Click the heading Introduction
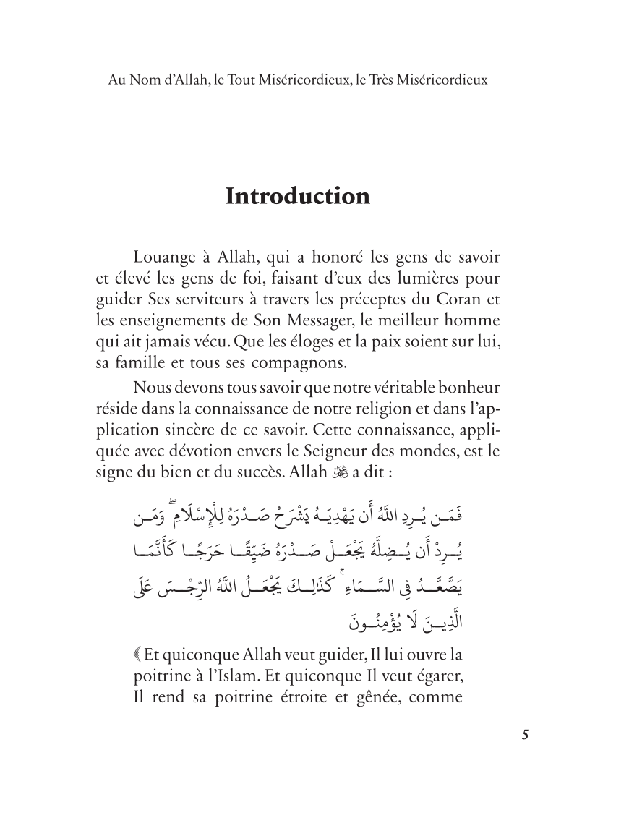(298, 197)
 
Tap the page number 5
(526, 736)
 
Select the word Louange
(165, 257)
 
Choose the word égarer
(437, 677)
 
